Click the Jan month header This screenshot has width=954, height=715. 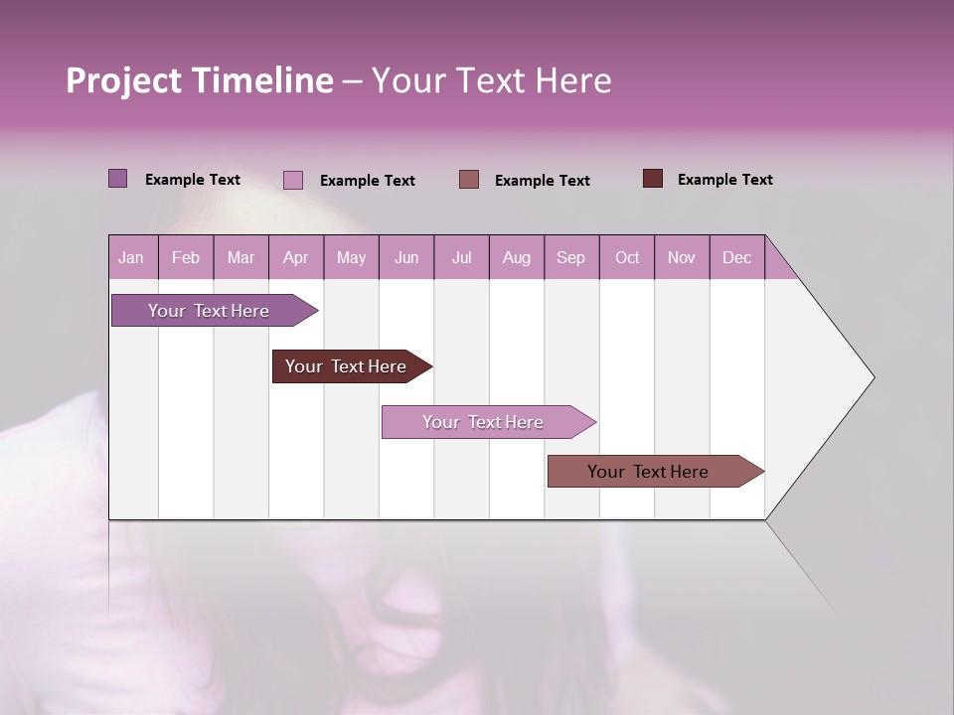(131, 258)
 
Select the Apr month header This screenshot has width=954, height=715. (296, 258)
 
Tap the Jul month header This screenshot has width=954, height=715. (461, 258)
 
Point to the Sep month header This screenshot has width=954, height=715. (570, 258)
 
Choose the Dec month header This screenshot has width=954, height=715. (736, 258)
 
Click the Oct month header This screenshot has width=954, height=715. (627, 258)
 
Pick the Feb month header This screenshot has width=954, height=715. (186, 258)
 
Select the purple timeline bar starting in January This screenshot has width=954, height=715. (209, 311)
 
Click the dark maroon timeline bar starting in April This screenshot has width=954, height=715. (346, 366)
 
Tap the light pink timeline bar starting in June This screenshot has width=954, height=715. (483, 422)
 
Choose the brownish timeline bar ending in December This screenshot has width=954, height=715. (648, 472)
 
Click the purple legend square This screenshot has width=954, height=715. (118, 179)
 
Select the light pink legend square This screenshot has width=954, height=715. (293, 180)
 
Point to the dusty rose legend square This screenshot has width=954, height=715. (469, 179)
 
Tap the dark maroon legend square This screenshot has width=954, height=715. (653, 179)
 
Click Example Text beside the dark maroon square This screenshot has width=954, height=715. (724, 180)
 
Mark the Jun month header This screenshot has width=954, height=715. (406, 258)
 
